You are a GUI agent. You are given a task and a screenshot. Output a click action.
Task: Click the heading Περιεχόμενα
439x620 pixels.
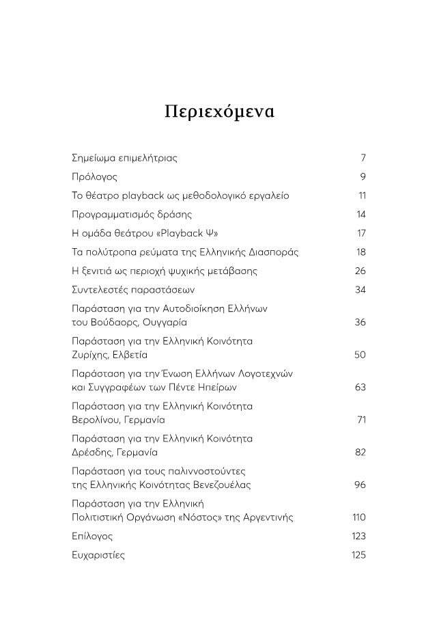click(x=219, y=111)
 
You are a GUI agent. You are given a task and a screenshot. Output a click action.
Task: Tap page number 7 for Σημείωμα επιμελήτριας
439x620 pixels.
click(x=363, y=158)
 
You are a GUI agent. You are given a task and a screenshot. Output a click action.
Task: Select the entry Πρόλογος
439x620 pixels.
click(x=94, y=177)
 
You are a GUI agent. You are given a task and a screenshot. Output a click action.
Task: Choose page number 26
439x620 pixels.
click(x=360, y=271)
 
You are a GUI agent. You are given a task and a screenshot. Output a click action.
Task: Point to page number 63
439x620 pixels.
click(x=360, y=387)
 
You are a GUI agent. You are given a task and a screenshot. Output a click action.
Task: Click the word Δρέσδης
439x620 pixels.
click(x=91, y=452)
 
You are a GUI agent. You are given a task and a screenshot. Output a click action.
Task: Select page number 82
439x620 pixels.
click(x=360, y=452)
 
